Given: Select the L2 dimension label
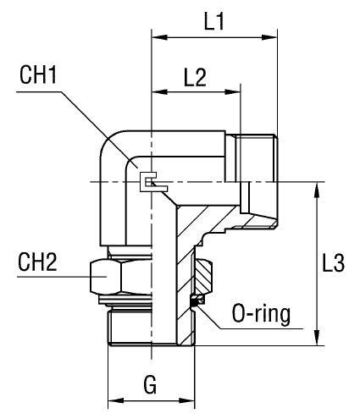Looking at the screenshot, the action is pos(195,77).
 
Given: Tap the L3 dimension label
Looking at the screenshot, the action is pos(334,263).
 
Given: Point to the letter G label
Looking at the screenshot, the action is pos(150,385).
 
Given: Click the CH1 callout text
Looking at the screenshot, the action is pos(38,74).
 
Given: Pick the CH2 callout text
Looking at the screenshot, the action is pos(37,262).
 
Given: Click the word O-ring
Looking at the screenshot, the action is pos(261,314).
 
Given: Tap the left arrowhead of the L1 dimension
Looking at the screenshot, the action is pos(160,37).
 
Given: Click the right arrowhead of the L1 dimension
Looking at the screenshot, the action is pos(269,37).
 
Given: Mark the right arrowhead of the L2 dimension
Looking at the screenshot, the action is pos(233,92).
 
